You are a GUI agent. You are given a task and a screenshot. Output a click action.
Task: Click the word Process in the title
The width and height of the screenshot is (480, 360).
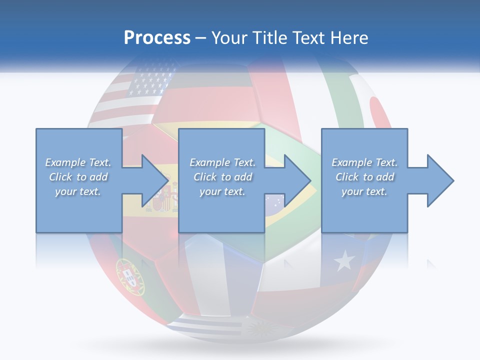click(157, 38)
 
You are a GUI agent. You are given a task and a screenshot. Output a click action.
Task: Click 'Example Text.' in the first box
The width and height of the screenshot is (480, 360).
click(78, 162)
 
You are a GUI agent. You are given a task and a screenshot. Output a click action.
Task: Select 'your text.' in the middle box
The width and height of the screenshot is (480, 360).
click(221, 191)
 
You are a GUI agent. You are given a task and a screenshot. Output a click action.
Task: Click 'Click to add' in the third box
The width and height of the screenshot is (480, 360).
click(365, 177)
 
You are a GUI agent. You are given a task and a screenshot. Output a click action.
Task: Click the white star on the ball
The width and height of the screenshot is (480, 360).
click(344, 260)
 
